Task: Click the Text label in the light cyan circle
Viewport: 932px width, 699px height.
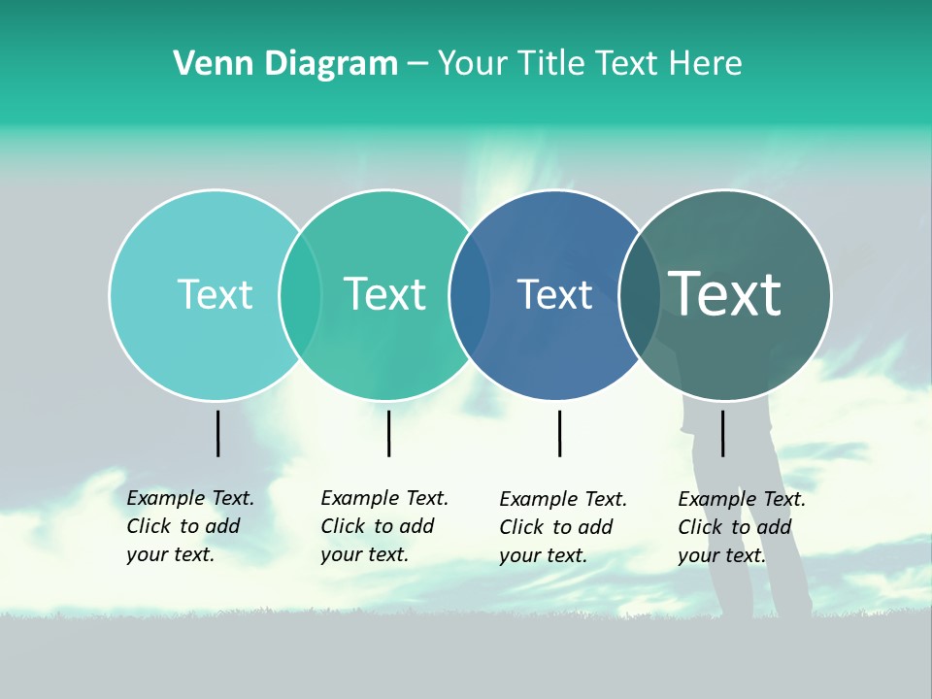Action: tap(215, 295)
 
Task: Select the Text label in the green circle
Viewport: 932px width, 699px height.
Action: tap(384, 295)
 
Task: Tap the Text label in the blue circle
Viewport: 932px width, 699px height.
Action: tap(554, 295)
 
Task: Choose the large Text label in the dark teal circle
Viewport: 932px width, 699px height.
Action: tap(725, 294)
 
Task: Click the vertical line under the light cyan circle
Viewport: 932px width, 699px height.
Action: tap(217, 433)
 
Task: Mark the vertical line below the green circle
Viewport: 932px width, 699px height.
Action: tap(388, 433)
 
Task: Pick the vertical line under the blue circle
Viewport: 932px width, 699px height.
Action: tap(559, 433)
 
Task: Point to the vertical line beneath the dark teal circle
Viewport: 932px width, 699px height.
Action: tap(722, 433)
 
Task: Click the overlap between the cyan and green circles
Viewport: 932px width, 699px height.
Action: tap(300, 295)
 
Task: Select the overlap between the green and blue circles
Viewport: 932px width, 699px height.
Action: tap(470, 295)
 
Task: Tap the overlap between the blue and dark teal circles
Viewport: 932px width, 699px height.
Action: tap(640, 295)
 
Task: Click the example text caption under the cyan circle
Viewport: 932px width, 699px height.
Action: tap(189, 526)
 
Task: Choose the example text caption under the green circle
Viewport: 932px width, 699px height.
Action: tap(383, 526)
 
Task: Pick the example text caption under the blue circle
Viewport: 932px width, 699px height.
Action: tap(562, 527)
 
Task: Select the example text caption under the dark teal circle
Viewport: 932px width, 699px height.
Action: tap(741, 527)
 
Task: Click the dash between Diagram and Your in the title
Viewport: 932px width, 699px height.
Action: tap(417, 65)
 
